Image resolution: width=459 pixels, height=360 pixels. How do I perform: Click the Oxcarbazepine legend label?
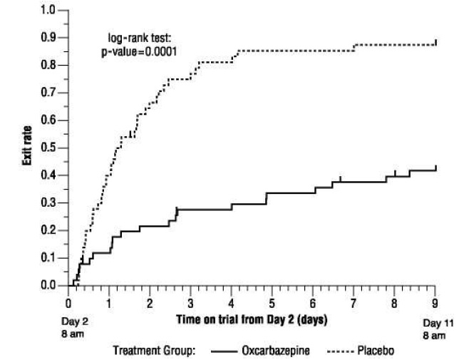[x=274, y=351]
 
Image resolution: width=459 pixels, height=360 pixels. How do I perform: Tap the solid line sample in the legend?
[x=222, y=351]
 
